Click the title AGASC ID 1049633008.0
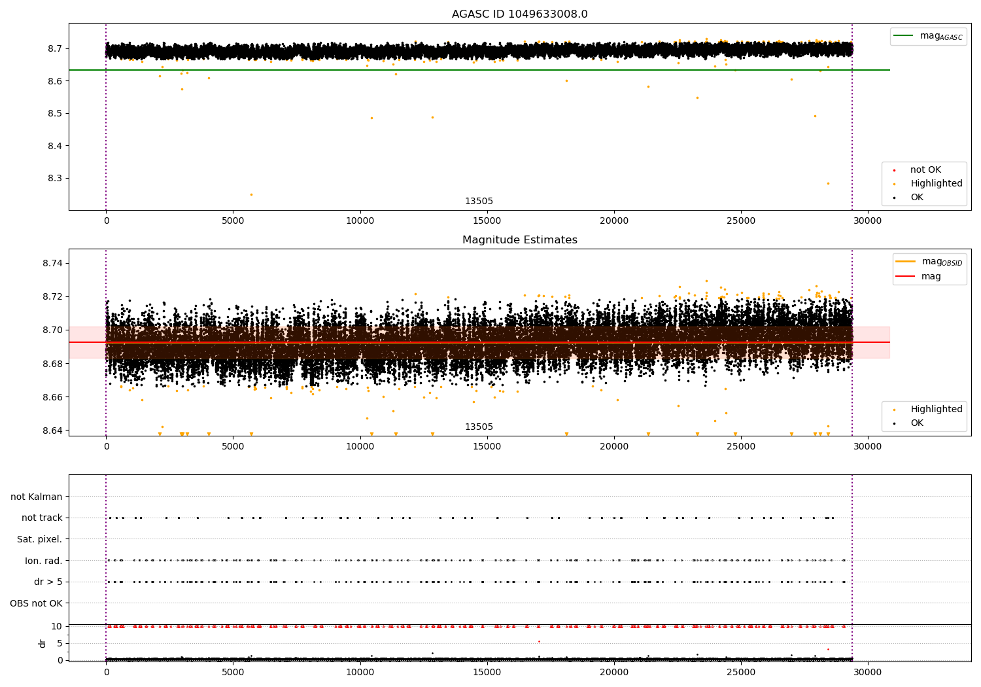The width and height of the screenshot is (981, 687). (519, 14)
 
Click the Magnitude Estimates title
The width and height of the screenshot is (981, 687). (519, 240)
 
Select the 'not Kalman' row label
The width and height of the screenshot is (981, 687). (37, 497)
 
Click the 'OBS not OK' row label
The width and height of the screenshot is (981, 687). (36, 603)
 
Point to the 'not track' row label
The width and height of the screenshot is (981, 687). (42, 518)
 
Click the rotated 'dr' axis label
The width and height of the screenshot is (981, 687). (43, 643)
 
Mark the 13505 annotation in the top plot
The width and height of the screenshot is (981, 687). (479, 202)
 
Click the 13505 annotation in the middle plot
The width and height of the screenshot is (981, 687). (479, 427)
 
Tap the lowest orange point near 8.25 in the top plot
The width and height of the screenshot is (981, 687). (251, 194)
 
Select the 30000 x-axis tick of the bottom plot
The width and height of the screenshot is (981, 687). (867, 672)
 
